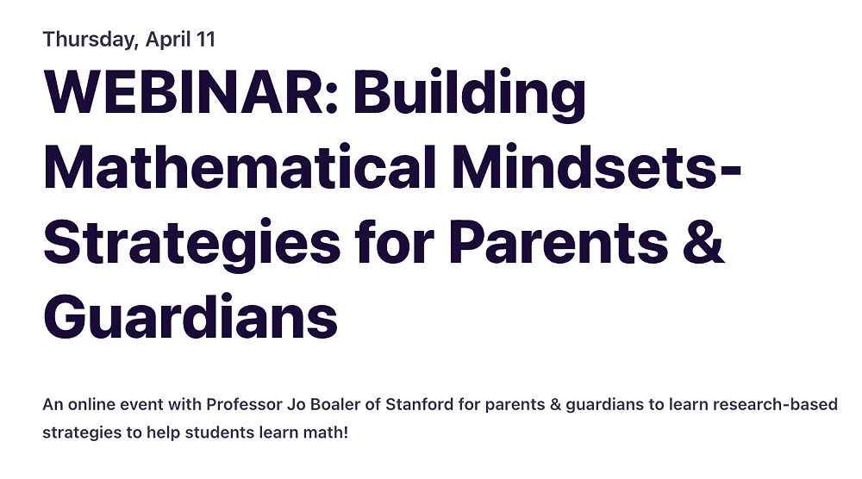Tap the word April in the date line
166,39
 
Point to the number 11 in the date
205,39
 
